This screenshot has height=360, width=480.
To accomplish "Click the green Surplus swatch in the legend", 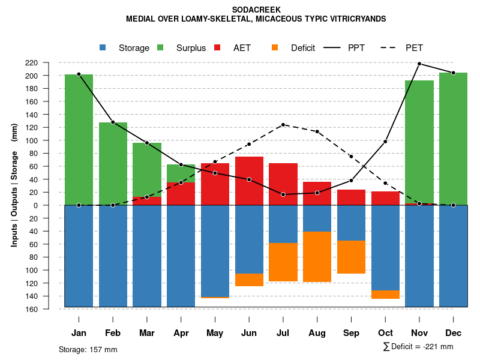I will tap(160, 47).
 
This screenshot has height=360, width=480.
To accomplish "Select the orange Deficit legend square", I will tap(275, 47).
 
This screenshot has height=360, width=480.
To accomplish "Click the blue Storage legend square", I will tap(103, 47).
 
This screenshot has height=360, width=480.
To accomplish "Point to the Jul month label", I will tap(283, 333).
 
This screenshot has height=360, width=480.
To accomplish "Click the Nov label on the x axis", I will tap(419, 333).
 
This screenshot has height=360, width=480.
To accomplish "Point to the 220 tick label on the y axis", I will tap(49, 63).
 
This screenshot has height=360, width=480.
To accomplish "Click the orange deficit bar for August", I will tap(317, 256).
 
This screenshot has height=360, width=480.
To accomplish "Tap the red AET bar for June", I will tap(249, 181).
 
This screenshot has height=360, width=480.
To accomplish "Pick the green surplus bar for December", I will tap(453, 139).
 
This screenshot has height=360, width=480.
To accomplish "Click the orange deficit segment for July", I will tap(283, 262).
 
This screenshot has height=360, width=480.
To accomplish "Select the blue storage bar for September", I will tap(352, 223).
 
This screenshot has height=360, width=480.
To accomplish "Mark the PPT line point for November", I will tap(419, 64).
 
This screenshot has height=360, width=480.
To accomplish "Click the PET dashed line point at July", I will tap(283, 125).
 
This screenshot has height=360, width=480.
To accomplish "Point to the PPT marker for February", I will tap(113, 122).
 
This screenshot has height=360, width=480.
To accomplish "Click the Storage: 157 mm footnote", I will tap(88, 349).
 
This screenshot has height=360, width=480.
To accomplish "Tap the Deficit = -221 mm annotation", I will tap(418, 347).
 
